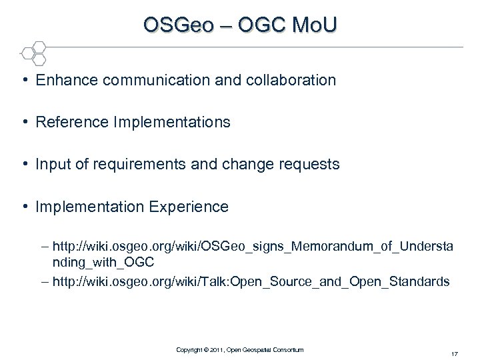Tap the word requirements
pyautogui.click(x=125, y=165)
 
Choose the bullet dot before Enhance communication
pyautogui.click(x=24, y=81)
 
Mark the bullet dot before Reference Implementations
pyautogui.click(x=24, y=123)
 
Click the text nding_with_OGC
pyautogui.click(x=103, y=263)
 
